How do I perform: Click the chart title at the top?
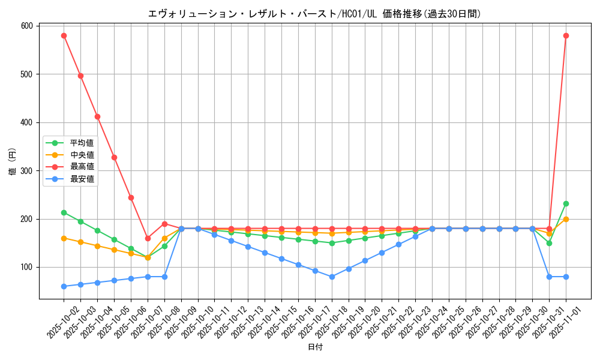(314, 14)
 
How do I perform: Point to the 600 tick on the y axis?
(27, 26)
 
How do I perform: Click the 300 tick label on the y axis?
(27, 170)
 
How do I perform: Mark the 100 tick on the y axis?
(27, 267)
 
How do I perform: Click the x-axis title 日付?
(314, 347)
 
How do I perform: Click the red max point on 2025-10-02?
(64, 35)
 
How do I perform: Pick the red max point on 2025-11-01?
(566, 35)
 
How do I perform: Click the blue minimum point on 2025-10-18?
(332, 277)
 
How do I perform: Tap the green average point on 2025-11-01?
(566, 203)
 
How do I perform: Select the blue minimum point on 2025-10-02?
(64, 286)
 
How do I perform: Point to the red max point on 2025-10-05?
(114, 157)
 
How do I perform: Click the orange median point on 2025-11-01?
(566, 219)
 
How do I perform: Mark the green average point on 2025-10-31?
(549, 243)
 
